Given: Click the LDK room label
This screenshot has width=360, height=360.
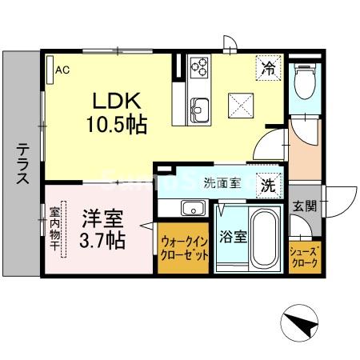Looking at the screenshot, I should click(119, 103).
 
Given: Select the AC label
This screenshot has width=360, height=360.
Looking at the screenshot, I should click(62, 70).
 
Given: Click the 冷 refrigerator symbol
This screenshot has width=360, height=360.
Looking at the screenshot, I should click(270, 69).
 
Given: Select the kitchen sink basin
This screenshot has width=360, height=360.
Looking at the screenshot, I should click(199, 108).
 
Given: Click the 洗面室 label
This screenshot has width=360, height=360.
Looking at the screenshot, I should click(222, 182).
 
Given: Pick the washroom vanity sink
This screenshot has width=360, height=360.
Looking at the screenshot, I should click(192, 209).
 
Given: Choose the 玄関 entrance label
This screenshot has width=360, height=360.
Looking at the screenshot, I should click(304, 206).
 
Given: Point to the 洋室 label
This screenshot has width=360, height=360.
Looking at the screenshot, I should click(98, 218).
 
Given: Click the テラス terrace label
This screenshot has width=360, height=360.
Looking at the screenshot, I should click(22, 164).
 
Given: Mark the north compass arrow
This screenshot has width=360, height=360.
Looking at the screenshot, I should click(302, 324).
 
